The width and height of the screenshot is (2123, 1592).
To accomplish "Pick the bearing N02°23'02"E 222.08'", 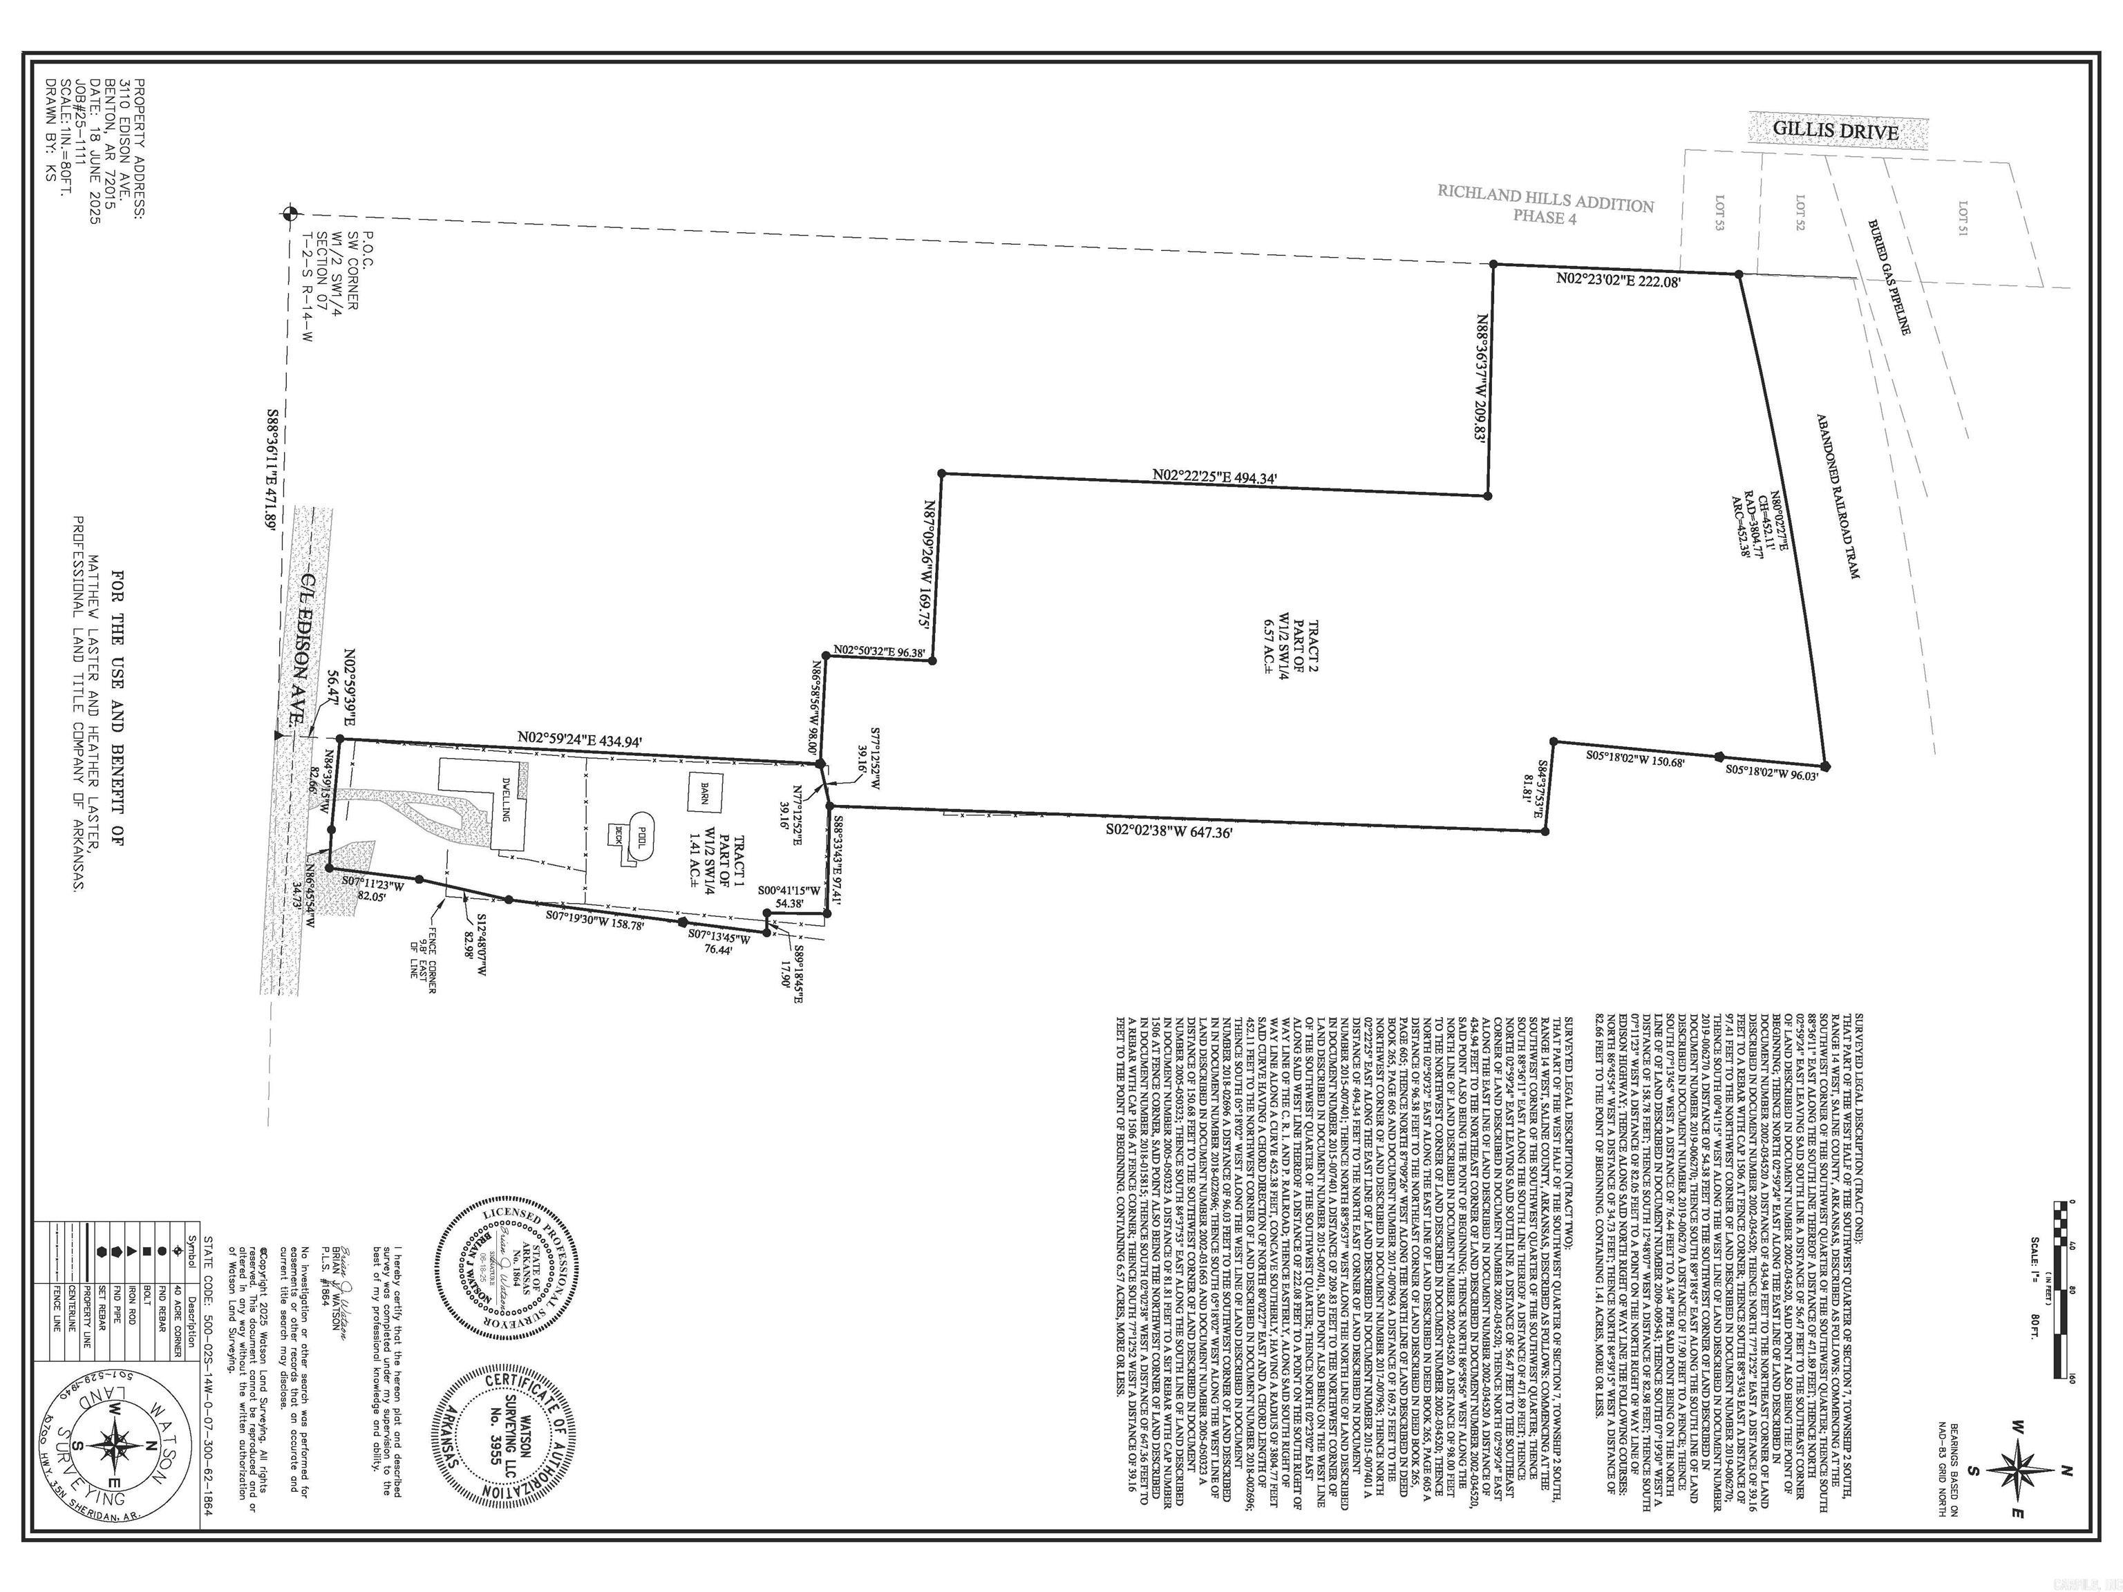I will (1617, 281).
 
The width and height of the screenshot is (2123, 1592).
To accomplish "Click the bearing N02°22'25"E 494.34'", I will (1214, 476).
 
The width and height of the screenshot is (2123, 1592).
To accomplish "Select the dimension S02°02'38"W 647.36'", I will (1167, 826).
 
